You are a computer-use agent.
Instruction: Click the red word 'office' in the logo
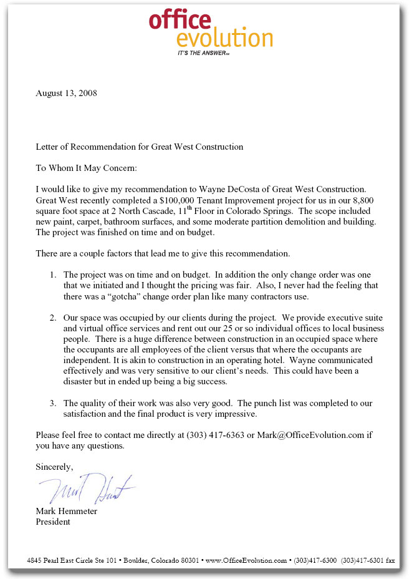[180, 20]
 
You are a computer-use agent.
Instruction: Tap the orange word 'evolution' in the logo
[224, 39]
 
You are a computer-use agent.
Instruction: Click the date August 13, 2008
[66, 94]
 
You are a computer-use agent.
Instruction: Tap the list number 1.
[54, 275]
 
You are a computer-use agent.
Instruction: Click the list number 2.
[54, 318]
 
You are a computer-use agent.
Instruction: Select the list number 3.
[54, 403]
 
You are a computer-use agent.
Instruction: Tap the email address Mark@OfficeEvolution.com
[308, 435]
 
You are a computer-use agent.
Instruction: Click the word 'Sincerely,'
[54, 467]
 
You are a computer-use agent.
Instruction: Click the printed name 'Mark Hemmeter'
[66, 512]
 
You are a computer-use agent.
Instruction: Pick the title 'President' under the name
[53, 522]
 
